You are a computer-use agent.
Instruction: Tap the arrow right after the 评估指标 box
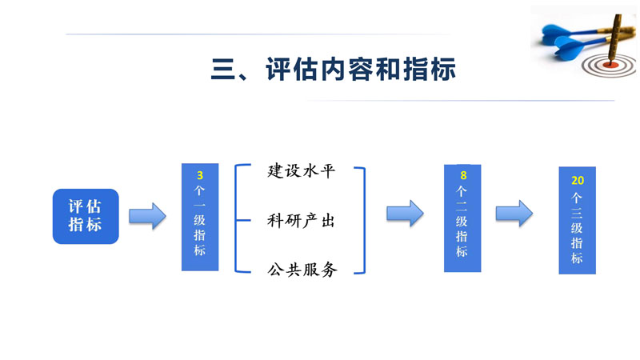[x=147, y=215]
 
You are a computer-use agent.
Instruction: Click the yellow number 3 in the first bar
[x=199, y=174]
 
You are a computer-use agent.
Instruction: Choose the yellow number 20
[x=577, y=181]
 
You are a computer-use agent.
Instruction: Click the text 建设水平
[x=301, y=171]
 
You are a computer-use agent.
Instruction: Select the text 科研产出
[x=301, y=221]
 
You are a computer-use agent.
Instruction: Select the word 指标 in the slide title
[x=432, y=69]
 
